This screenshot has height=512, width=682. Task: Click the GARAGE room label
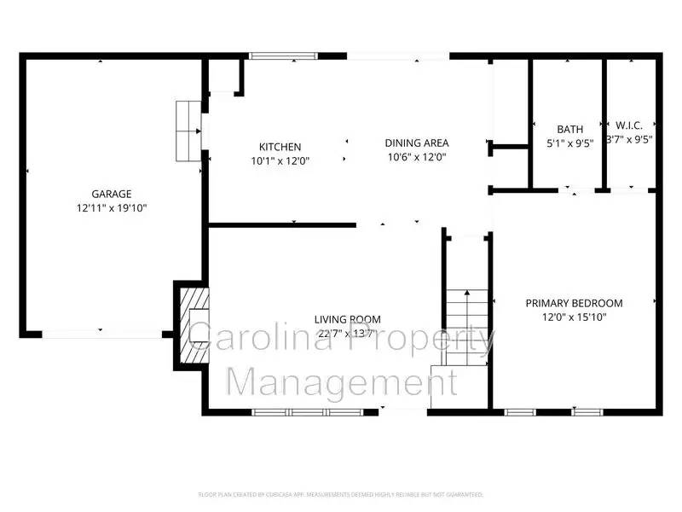pos(112,194)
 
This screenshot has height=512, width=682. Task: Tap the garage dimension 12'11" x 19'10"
pos(112,207)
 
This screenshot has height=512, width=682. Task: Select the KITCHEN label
pos(280,147)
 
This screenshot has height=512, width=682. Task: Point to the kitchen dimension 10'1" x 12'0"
pos(280,160)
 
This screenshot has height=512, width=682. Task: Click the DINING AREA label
pos(417,143)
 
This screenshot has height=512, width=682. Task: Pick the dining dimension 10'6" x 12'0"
pos(417,157)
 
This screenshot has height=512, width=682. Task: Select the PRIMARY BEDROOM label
pos(574,303)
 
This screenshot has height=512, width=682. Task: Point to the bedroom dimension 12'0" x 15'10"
pos(574,317)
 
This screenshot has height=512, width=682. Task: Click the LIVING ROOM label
pos(347,320)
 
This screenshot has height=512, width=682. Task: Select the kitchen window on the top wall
pos(285,56)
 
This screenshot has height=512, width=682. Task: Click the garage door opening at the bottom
pos(101,333)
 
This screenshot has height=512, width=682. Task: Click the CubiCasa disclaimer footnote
pos(341,494)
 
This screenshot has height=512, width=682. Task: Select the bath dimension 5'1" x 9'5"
pos(569,143)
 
